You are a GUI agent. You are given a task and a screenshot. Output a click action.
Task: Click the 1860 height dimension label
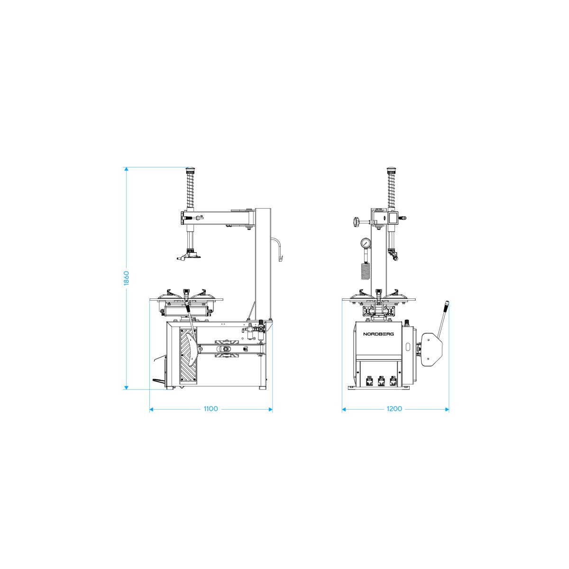click(127, 278)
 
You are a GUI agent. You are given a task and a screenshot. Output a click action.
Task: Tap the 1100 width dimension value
click(211, 409)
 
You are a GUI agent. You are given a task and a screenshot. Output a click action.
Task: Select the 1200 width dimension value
click(394, 409)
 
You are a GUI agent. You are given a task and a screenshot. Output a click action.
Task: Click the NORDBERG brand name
click(378, 334)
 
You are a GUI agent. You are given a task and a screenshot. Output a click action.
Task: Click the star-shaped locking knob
click(357, 221)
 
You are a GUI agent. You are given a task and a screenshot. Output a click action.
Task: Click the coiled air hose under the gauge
click(365, 271)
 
